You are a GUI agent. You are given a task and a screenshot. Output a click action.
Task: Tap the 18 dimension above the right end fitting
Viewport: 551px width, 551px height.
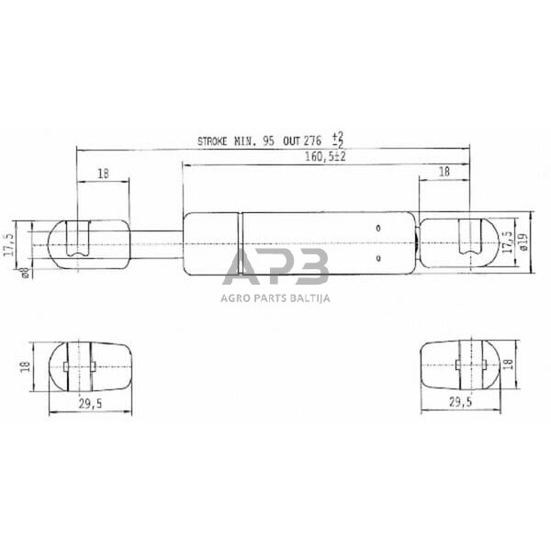coord(444,172)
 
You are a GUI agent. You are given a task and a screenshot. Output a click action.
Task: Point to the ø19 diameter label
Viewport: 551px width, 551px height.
coord(523,243)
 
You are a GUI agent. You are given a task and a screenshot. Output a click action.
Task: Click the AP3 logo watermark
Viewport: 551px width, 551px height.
coord(275,268)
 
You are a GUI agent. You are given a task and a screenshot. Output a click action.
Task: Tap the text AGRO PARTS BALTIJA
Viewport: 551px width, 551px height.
coord(275,297)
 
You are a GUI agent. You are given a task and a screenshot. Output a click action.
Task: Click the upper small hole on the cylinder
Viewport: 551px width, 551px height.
coord(378,227)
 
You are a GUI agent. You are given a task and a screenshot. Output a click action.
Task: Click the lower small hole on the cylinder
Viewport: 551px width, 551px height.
coord(378,259)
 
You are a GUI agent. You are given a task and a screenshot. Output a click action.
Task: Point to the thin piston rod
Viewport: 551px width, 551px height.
coord(156,242)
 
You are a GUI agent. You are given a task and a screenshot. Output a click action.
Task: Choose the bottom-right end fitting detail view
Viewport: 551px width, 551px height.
coord(460,365)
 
